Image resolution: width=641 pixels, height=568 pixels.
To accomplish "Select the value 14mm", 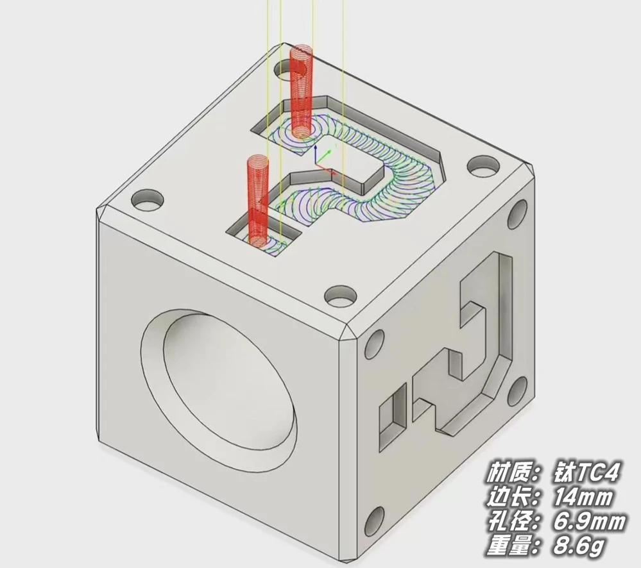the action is (x=584, y=497).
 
